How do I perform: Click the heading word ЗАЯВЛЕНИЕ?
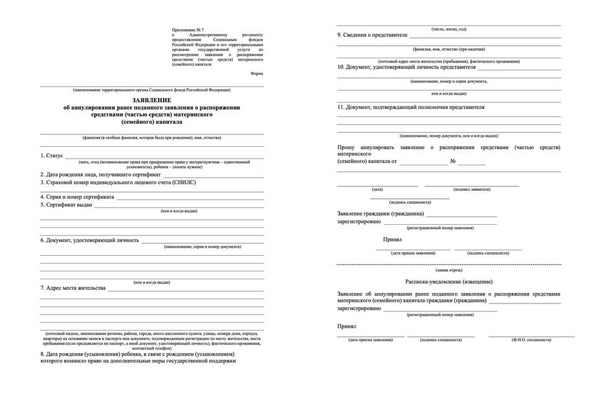tap(152, 100)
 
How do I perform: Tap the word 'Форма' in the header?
tap(257, 74)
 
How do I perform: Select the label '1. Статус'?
tap(51, 156)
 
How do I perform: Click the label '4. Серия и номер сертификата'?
tap(77, 197)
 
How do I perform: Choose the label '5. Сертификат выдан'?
tap(66, 204)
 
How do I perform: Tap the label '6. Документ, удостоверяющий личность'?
tap(90, 240)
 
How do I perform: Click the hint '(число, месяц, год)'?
tap(449, 28)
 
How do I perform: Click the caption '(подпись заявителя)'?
tap(472, 189)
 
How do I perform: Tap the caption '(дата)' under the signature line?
tap(377, 189)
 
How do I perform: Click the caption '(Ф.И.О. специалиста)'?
tap(531, 340)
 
